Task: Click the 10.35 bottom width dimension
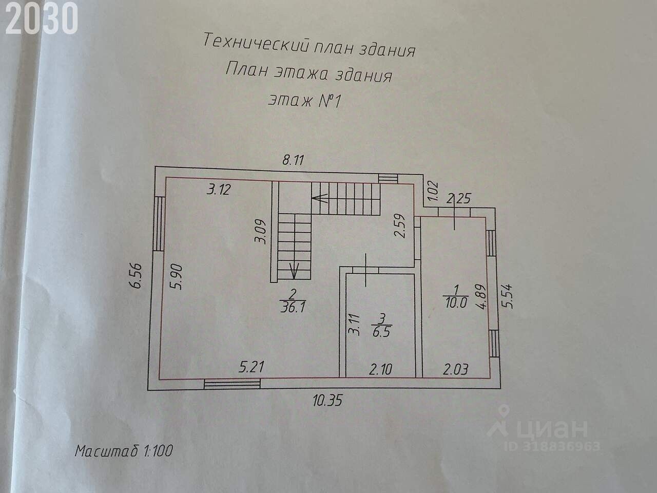327,401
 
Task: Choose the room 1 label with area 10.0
454,297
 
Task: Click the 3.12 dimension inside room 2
219,190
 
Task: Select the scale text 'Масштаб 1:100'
124,451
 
